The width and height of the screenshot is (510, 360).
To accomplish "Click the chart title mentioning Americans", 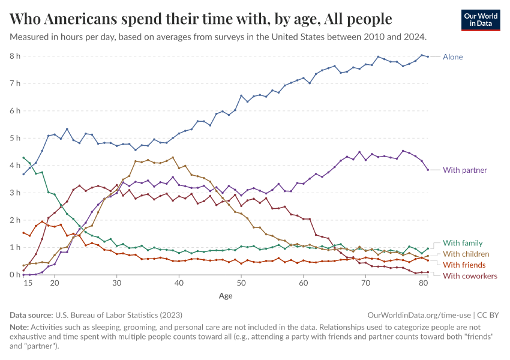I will [x=201, y=19].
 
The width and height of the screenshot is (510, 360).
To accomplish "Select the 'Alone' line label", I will [x=452, y=57].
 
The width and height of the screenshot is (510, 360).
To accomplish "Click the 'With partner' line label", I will [x=464, y=170].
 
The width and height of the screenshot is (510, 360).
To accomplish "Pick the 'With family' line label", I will [x=463, y=243].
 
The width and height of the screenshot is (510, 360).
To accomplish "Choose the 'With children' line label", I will [x=466, y=254].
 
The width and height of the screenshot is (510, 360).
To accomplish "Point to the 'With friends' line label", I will [x=464, y=265].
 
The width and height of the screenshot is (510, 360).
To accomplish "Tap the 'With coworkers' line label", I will [x=469, y=275].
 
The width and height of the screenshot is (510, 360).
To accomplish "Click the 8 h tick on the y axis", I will [x=15, y=56].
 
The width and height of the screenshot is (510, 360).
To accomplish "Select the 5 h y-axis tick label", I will [x=15, y=138].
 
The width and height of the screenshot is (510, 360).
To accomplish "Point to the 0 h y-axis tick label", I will [x=15, y=275].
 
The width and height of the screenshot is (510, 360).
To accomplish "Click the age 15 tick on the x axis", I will [x=27, y=283].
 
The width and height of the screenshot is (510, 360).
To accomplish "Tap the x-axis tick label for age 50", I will [x=241, y=283].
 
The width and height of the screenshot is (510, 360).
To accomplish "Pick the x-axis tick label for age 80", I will [x=423, y=283].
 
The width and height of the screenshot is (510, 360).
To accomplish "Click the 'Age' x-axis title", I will [x=226, y=296].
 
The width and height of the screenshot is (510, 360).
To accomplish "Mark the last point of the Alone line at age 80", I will [x=427, y=56].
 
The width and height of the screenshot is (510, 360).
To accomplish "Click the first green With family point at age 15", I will [x=23, y=158].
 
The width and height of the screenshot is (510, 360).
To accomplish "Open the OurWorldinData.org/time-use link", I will [x=419, y=314].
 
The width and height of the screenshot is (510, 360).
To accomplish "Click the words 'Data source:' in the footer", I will [x=31, y=314].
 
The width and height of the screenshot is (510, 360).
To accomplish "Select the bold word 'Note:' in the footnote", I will [x=20, y=327].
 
